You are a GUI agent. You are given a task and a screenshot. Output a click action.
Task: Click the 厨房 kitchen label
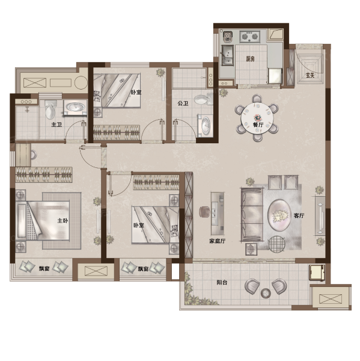point(250,59)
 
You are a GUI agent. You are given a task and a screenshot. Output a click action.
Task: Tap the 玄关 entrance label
point(310,75)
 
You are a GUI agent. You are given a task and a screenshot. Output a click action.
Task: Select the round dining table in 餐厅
point(257,119)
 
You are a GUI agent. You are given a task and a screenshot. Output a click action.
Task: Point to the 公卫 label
point(183,103)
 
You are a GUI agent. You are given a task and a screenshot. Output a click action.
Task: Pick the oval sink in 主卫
point(75,107)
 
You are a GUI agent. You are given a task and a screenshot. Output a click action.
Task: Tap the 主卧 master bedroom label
point(63,221)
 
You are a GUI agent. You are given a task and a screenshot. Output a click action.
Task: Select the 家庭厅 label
point(218,241)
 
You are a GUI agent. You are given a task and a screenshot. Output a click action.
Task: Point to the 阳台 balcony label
point(222,282)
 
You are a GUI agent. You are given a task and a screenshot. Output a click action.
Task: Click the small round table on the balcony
point(266,293)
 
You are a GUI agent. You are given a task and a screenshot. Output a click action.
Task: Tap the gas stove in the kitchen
point(250,37)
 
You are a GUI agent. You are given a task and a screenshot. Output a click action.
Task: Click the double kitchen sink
point(228,55)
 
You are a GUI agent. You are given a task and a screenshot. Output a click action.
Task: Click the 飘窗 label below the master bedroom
point(44,268)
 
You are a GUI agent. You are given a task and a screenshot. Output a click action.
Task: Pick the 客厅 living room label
point(299,215)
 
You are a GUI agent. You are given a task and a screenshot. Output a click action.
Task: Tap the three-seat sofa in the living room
point(252,215)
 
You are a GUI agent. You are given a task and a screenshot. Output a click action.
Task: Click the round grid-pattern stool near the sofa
point(276,244)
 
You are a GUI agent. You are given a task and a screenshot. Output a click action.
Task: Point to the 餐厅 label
point(258,125)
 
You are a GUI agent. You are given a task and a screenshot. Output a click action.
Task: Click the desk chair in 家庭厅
point(205,212)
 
